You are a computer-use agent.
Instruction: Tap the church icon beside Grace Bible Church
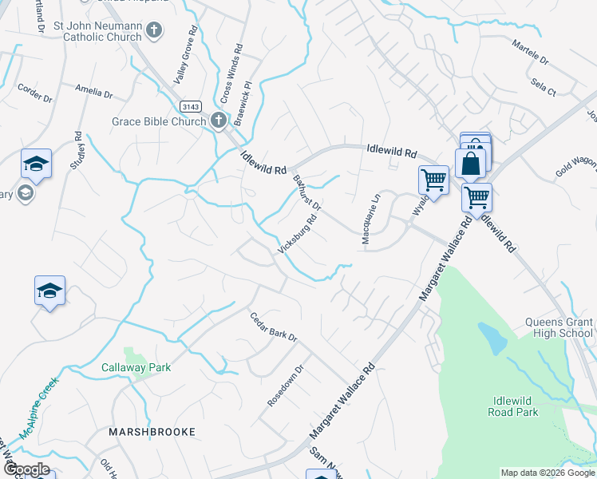219,121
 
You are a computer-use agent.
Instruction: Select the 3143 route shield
190,106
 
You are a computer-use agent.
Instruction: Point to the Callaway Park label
136,368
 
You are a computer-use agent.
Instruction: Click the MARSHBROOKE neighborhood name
152,432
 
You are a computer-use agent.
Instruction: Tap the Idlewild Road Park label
512,406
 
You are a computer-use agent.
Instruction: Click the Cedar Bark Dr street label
273,326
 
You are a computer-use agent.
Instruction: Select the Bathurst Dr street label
306,192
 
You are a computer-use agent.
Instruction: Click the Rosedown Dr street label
287,386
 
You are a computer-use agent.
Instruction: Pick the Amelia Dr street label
94,92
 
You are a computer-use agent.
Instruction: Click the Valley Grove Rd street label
184,57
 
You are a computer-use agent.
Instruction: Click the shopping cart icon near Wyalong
433,180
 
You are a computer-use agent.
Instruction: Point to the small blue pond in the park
492,338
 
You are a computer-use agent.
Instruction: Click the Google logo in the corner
26,469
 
